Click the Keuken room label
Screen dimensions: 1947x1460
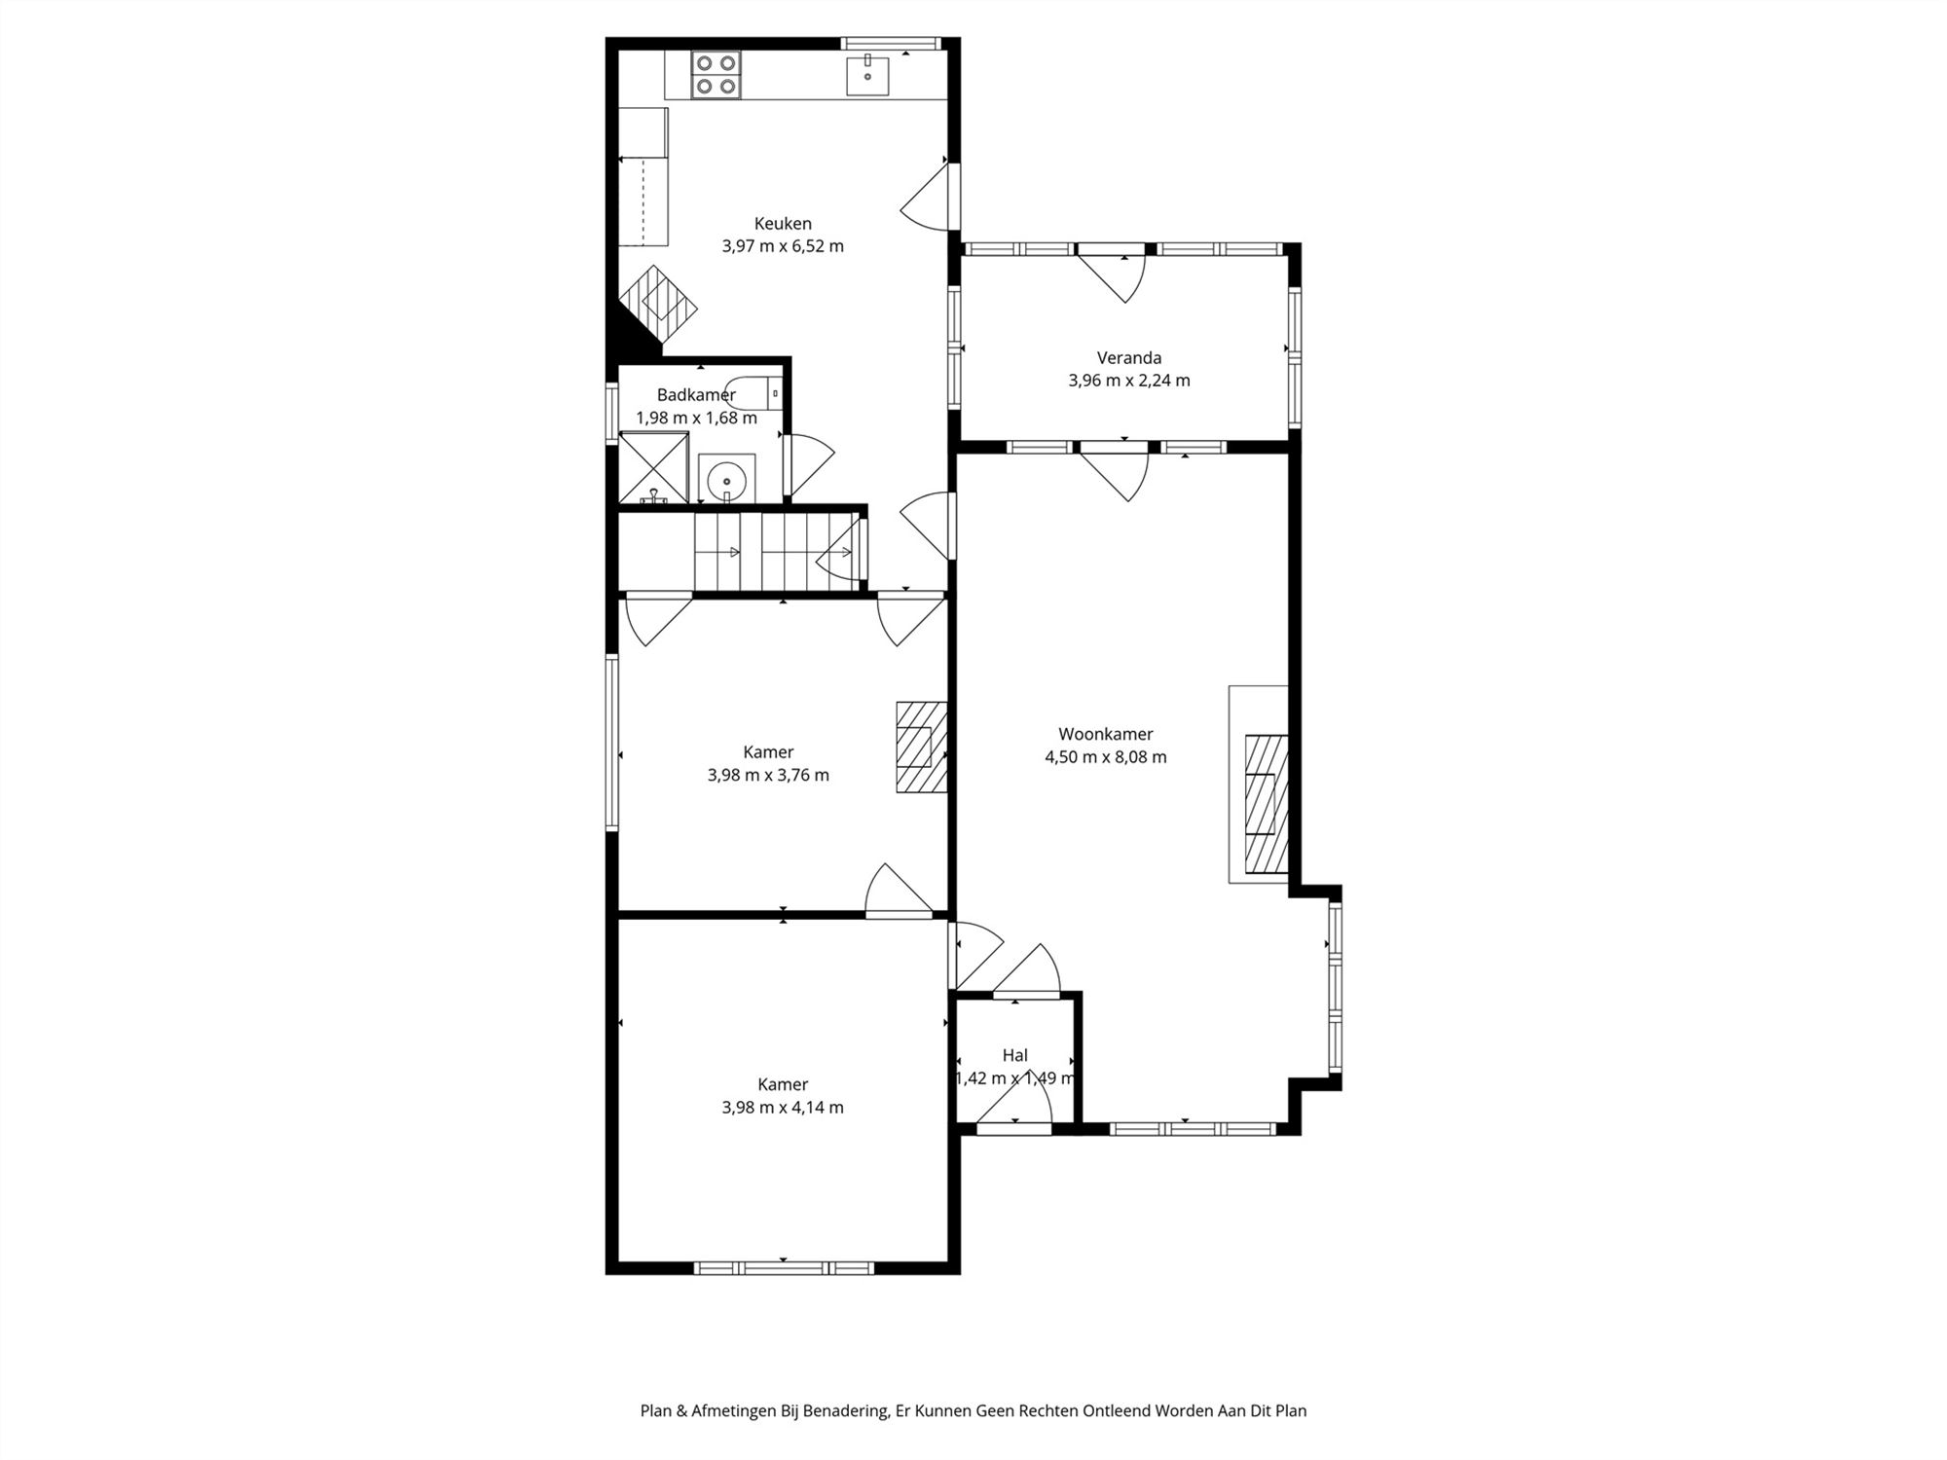click(783, 224)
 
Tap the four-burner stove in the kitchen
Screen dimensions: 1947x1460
click(716, 75)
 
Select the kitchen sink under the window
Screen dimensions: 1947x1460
click(867, 75)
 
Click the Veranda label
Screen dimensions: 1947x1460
click(1129, 358)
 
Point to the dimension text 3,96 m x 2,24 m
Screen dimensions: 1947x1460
click(1129, 381)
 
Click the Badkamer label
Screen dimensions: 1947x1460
click(696, 395)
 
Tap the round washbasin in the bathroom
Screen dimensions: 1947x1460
click(726, 479)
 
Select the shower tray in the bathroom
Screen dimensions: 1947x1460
click(654, 468)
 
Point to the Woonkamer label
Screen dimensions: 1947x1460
click(1106, 735)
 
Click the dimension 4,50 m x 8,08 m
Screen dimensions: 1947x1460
click(1106, 757)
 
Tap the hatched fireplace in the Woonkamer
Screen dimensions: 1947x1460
click(1267, 805)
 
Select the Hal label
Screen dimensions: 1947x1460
click(1015, 1055)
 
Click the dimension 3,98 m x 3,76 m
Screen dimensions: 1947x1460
click(769, 776)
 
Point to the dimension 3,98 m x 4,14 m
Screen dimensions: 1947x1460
click(783, 1108)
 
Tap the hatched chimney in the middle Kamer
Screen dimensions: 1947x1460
click(921, 747)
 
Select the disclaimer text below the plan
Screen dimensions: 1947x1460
click(973, 1410)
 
